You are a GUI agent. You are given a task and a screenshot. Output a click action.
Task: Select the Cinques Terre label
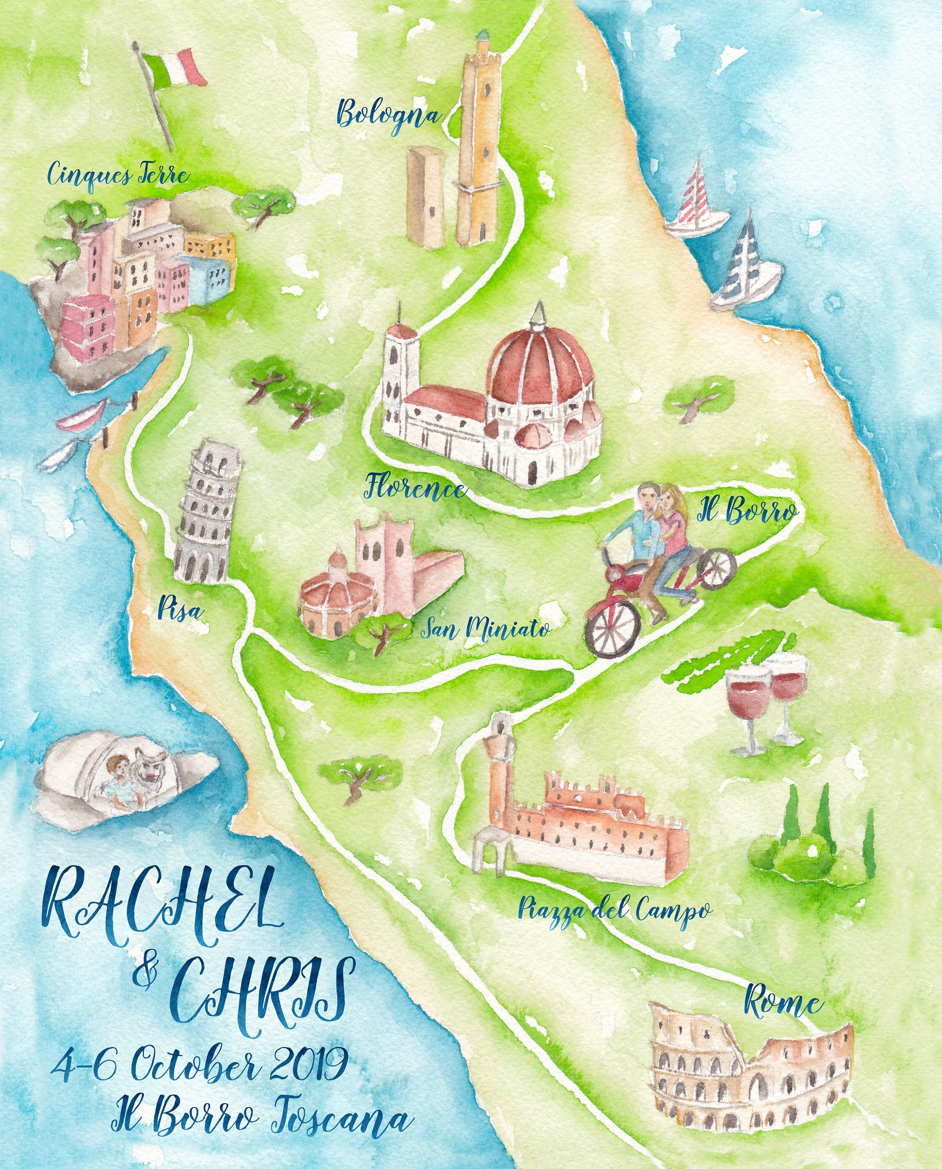(118, 175)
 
